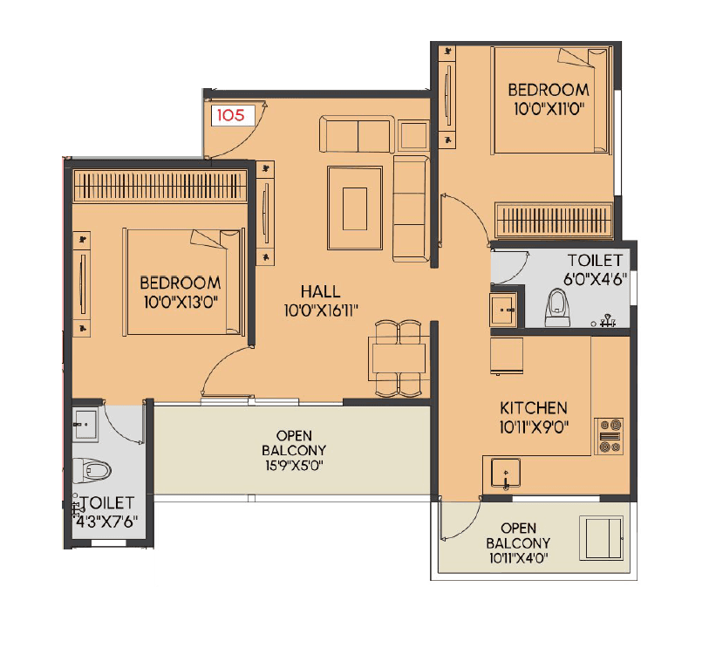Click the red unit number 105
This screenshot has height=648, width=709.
click(230, 113)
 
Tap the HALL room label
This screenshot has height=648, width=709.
click(320, 291)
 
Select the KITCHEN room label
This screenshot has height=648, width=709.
click(533, 408)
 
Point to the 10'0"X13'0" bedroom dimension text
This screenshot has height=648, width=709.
click(180, 301)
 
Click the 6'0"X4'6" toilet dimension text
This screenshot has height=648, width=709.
click(596, 280)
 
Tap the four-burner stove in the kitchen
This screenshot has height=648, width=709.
click(610, 435)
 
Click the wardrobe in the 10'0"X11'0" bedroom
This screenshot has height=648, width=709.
click(554, 219)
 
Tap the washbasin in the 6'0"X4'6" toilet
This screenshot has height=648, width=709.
click(503, 309)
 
